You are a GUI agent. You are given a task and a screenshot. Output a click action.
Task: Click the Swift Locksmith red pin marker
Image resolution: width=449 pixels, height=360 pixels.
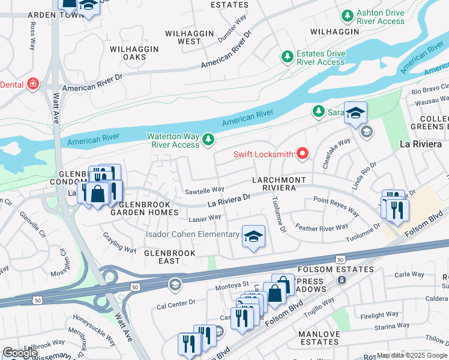pos(302,154)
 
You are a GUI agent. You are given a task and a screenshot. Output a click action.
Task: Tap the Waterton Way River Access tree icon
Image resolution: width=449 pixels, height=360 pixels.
pos(208,140)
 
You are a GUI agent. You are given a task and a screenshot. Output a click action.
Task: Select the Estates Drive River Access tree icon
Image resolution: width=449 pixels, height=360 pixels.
pos(288,57)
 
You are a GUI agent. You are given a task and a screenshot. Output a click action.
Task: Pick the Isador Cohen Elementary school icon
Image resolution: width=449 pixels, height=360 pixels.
pos(253,236)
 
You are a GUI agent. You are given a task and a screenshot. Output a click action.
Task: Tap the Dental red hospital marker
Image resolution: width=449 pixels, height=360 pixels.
pos(32,85)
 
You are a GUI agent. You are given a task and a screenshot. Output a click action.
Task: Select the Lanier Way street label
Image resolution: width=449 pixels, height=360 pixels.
pos(205,218)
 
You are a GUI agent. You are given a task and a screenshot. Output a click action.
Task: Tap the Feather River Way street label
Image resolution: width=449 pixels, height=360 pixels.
pos(322,227)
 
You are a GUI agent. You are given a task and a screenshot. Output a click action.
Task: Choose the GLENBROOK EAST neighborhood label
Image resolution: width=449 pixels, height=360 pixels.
pos(169,257)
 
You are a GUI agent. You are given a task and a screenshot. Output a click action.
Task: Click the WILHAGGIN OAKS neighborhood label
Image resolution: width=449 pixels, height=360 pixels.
pos(134,53)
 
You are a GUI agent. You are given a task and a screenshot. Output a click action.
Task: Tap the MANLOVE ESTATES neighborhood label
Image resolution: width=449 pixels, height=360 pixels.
pos(321,337)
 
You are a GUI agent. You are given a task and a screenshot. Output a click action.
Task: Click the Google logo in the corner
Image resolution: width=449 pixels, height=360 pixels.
pos(20,353)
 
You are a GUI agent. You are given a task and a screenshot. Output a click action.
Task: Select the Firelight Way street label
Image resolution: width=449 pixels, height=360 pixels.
pos(379,315)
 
